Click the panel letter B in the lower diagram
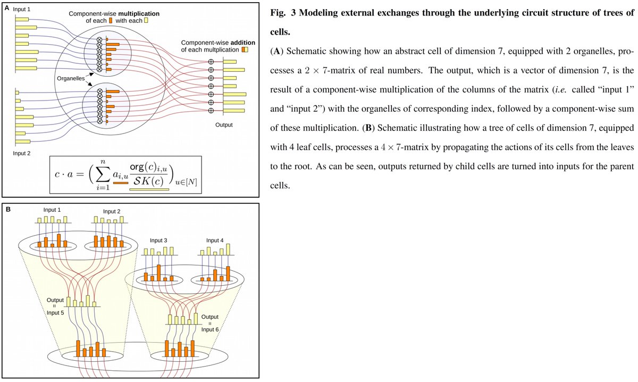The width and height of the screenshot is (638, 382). (x=7, y=209)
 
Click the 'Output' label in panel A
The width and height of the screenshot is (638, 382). (x=224, y=125)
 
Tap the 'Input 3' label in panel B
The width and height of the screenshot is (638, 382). (x=158, y=240)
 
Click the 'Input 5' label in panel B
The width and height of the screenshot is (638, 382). (x=55, y=312)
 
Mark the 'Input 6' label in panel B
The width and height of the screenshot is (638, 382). (x=210, y=329)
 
